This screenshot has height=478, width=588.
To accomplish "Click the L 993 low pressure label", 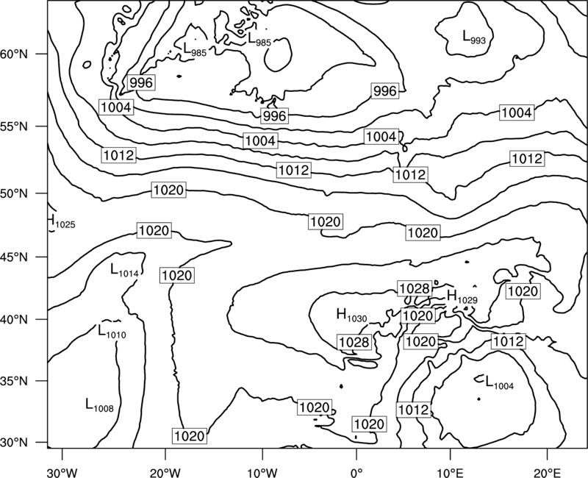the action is [x=474, y=38].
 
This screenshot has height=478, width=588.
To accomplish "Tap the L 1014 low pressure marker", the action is [x=124, y=271].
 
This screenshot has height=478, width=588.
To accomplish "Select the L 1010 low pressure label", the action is [x=112, y=332].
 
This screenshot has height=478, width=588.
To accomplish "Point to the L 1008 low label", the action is [x=99, y=405].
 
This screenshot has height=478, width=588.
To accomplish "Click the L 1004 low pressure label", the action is [x=500, y=382].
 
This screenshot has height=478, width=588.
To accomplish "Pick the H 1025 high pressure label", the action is [x=62, y=221].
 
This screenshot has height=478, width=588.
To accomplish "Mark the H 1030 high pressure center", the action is [x=352, y=315].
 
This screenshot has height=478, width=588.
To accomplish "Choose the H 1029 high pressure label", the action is [x=462, y=297].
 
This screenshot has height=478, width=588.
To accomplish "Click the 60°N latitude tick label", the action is [x=14, y=54].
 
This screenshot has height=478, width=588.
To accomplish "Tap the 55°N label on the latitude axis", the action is [x=14, y=126].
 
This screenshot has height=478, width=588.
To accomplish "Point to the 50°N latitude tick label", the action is [x=14, y=193].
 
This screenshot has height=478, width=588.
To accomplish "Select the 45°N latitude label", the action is [x=14, y=257].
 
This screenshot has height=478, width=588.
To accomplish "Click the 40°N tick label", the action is [x=14, y=320].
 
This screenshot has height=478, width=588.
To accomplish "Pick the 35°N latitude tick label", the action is [x=14, y=381].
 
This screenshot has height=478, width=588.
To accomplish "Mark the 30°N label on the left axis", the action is [x=14, y=443].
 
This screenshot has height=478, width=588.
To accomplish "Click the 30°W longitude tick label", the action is [x=62, y=472].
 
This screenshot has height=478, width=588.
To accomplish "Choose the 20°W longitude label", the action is [x=165, y=472].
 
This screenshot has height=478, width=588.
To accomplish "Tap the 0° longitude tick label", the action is [x=356, y=472].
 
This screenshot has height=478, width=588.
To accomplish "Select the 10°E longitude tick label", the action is [x=450, y=472].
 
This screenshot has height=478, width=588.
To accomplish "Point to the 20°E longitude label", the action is [x=547, y=472].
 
